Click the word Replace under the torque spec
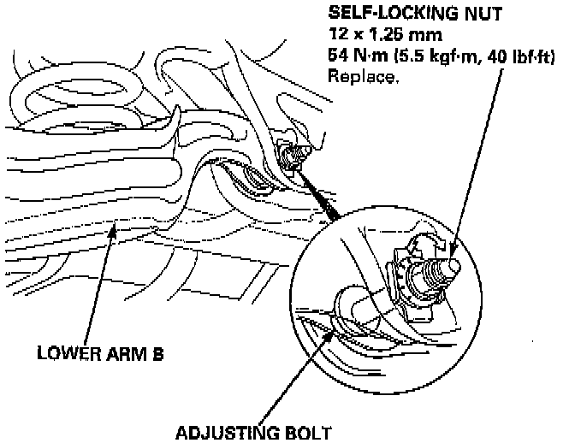(363, 75)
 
